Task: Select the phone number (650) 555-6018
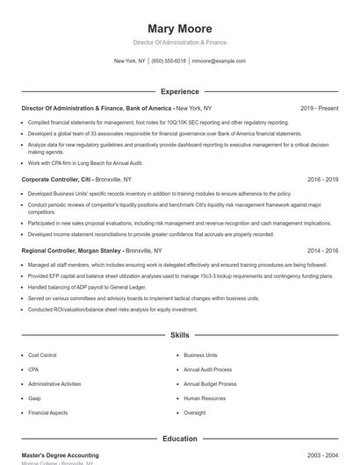[x=169, y=61]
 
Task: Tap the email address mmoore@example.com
[x=219, y=61]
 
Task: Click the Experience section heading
[x=179, y=91]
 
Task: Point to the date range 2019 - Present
[x=319, y=108]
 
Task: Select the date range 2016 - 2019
[x=322, y=179]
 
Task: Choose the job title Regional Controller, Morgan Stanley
[x=71, y=250]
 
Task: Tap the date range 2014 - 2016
[x=322, y=250]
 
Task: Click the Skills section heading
[x=179, y=335]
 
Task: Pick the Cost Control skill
[x=42, y=355]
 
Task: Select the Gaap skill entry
[x=36, y=398]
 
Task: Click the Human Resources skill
[x=205, y=398]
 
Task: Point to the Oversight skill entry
[x=195, y=412]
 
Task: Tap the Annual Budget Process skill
[x=210, y=384]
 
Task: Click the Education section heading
[x=179, y=439]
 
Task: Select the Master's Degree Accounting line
[x=60, y=455]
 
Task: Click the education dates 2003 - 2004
[x=322, y=455]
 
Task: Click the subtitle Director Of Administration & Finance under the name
[x=179, y=42]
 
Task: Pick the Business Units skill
[x=200, y=355]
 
